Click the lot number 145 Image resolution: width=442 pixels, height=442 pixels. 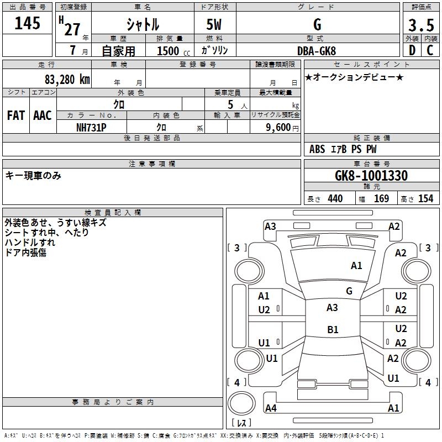[27, 24]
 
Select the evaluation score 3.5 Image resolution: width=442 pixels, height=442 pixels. [420, 25]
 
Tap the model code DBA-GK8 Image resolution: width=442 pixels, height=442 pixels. [317, 51]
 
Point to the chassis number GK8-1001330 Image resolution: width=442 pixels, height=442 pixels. [371, 176]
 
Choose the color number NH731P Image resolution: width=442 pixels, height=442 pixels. [91, 127]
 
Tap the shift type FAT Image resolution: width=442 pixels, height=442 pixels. [16, 115]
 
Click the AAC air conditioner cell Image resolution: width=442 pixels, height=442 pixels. [43, 115]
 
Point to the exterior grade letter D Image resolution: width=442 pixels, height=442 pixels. [412, 50]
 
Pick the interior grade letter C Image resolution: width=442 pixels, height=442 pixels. [430, 50]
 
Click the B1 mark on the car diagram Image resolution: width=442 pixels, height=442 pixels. [333, 330]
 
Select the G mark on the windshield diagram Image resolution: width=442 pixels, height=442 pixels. [349, 291]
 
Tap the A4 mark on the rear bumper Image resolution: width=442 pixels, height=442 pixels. [271, 408]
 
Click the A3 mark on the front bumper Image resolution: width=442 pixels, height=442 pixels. [270, 226]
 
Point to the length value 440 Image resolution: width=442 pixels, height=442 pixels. [335, 199]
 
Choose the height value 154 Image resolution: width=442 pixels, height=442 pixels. [425, 199]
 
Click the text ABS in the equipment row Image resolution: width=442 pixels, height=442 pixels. [317, 149]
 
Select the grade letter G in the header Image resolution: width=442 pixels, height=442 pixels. [317, 25]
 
